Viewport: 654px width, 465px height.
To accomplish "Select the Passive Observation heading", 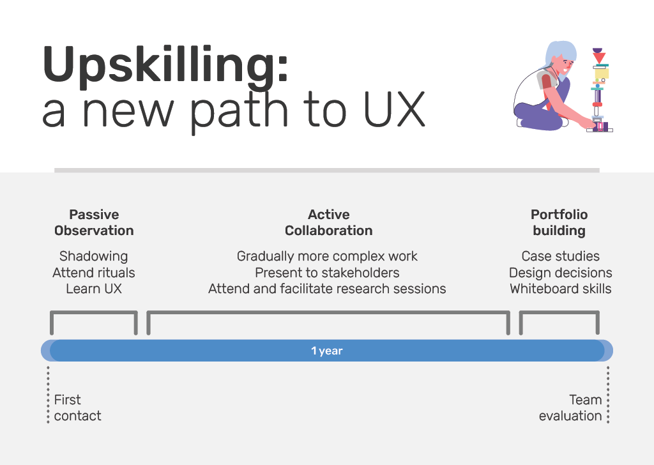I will click(94, 222).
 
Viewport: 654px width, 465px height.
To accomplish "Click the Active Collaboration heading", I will click(328, 222).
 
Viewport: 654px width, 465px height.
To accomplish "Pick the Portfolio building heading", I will click(559, 222).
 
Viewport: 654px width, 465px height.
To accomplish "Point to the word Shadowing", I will click(94, 256).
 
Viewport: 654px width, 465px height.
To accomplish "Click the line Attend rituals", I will click(94, 273).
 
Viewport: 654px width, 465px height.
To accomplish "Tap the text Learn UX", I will click(94, 289).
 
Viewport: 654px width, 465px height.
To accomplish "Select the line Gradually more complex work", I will click(327, 256).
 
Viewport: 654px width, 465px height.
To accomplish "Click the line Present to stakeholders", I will click(327, 273).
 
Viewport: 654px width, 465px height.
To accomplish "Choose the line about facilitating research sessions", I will click(327, 289).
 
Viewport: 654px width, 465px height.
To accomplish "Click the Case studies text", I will click(560, 256).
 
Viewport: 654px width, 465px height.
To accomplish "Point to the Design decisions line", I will click(560, 273).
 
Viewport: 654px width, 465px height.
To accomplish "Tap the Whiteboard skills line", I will click(560, 289).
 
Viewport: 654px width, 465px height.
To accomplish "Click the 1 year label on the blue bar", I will click(327, 351).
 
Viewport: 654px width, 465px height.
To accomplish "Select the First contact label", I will click(77, 408).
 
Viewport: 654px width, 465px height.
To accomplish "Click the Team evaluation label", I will click(570, 408).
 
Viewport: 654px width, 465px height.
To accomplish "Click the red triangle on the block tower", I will click(599, 58).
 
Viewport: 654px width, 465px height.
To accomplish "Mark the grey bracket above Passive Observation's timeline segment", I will click(94, 313).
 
